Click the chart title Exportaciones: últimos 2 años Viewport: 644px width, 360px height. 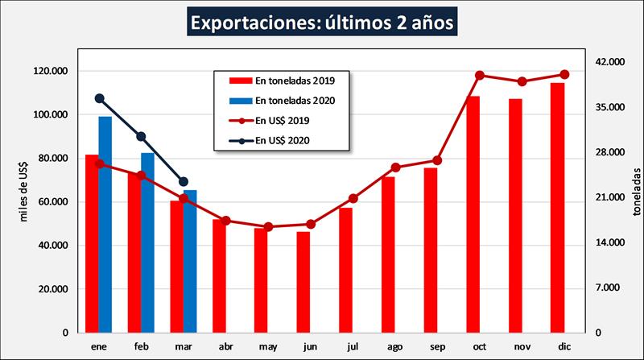pyautogui.click(x=322, y=21)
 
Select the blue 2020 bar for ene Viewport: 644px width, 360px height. pyautogui.click(x=105, y=226)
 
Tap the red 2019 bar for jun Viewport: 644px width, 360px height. pyautogui.click(x=303, y=282)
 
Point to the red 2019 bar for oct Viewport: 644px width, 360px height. pyautogui.click(x=473, y=214)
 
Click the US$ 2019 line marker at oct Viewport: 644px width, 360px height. pyautogui.click(x=480, y=76)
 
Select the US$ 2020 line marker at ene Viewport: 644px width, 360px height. pyautogui.click(x=100, y=98)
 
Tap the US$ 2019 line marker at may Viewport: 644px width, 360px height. pyautogui.click(x=269, y=227)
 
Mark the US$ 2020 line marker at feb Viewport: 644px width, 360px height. pyautogui.click(x=141, y=137)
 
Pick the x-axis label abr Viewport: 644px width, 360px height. pyautogui.click(x=225, y=346)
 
